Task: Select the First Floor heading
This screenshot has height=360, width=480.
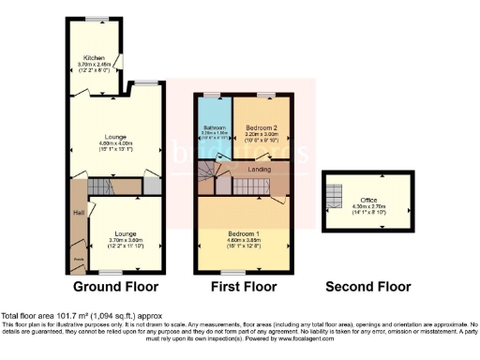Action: coord(243,286)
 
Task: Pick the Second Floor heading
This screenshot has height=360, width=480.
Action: coord(367,286)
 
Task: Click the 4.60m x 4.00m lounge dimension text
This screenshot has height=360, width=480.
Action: coord(115,142)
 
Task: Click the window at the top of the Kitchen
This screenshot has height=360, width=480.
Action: coord(96,19)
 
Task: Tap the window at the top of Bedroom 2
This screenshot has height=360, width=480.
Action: coord(266,95)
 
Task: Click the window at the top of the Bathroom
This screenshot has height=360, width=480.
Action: coord(212,95)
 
